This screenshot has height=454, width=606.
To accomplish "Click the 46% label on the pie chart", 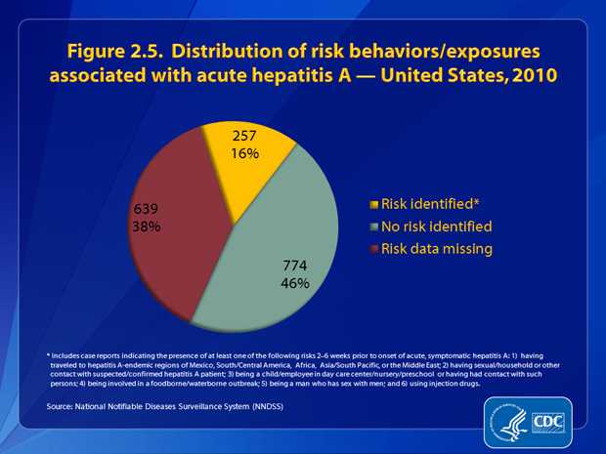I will [x=294, y=284].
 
